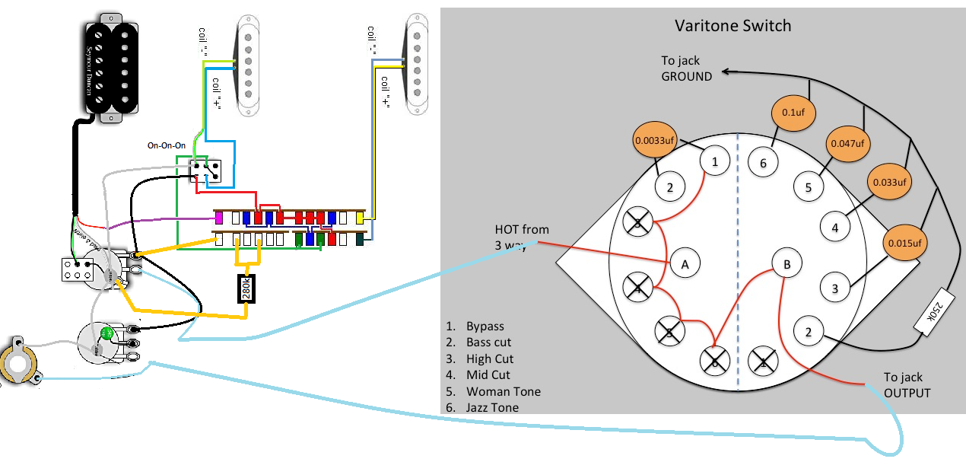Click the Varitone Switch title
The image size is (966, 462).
[733, 26]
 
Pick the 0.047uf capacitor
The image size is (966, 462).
[847, 144]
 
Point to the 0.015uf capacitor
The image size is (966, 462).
[904, 243]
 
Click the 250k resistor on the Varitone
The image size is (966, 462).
[933, 311]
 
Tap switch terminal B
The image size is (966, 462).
[787, 264]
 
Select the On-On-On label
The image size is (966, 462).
[167, 145]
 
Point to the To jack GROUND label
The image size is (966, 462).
[686, 69]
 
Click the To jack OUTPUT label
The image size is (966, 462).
[907, 385]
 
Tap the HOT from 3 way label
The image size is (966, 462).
[522, 237]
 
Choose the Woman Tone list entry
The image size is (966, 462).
[504, 391]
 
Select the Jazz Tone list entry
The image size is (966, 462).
[492, 408]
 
